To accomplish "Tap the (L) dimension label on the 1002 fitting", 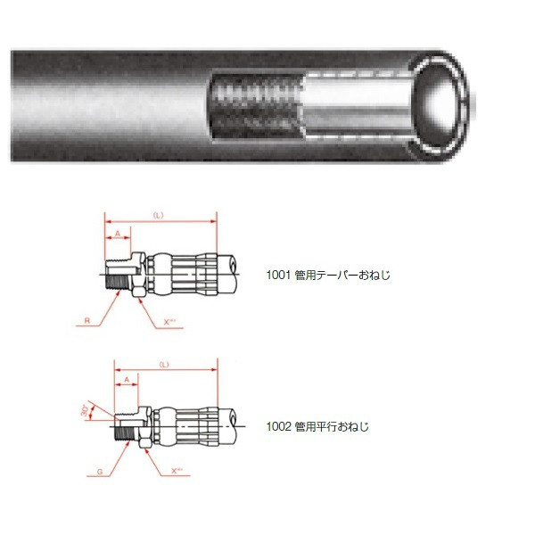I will tap(163, 366).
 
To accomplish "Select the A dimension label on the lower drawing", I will tap(126, 382).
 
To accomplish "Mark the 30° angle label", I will tap(85, 409).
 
